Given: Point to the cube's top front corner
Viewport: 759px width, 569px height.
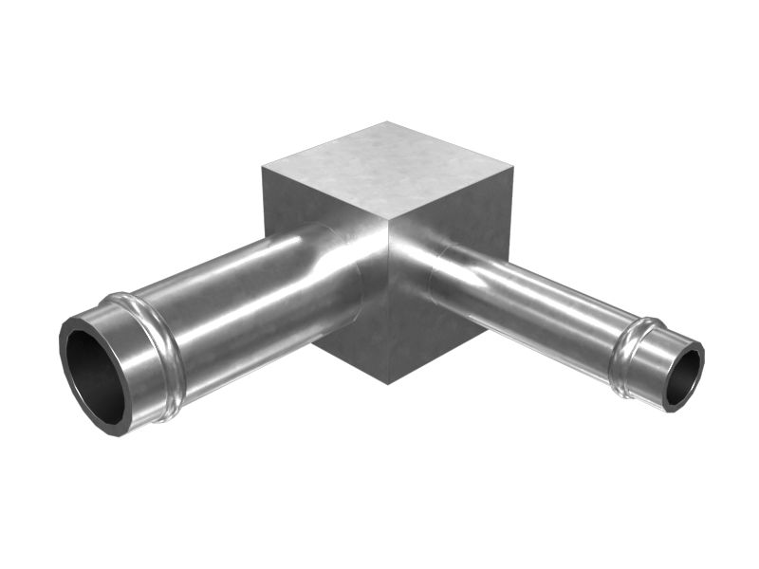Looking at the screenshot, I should click(390, 230).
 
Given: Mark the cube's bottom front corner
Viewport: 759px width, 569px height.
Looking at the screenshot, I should click(390, 383).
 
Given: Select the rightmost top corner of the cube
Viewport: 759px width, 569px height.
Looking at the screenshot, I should click(512, 170).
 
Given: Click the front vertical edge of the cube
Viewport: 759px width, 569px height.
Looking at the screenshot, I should click(390, 313).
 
